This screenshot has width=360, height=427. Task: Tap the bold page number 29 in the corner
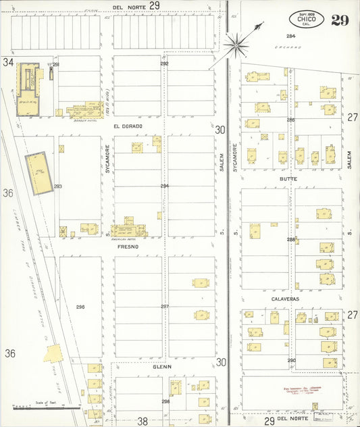click(x=340, y=20)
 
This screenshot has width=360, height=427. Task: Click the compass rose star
click(x=237, y=45)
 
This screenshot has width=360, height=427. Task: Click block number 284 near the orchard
click(x=290, y=36)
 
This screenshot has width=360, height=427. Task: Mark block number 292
click(x=164, y=64)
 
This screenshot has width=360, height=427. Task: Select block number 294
click(x=164, y=185)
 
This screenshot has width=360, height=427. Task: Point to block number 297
click(x=164, y=306)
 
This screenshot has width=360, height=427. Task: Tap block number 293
click(x=58, y=186)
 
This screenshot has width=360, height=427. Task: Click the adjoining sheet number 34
click(x=8, y=62)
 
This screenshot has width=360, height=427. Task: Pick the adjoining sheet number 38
click(x=143, y=420)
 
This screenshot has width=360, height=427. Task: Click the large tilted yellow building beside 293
click(x=39, y=174)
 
